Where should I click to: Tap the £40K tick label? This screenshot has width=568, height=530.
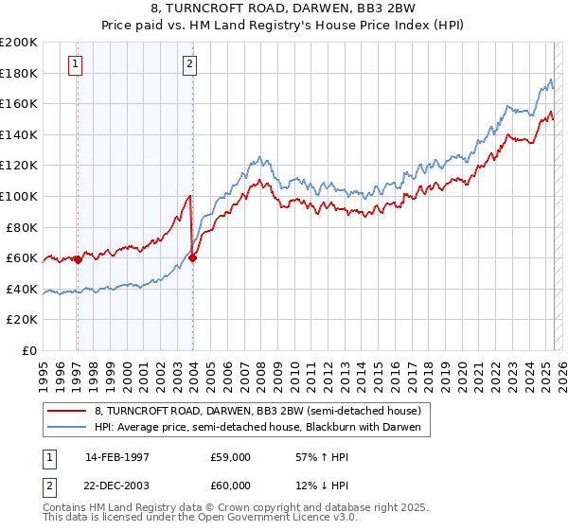click(x=22, y=289)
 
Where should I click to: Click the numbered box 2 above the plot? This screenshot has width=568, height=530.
click(x=190, y=64)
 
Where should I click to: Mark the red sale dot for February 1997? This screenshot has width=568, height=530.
click(x=78, y=259)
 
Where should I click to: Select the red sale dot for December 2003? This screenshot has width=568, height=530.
click(x=192, y=257)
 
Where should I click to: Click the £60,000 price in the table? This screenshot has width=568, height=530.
click(x=231, y=484)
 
